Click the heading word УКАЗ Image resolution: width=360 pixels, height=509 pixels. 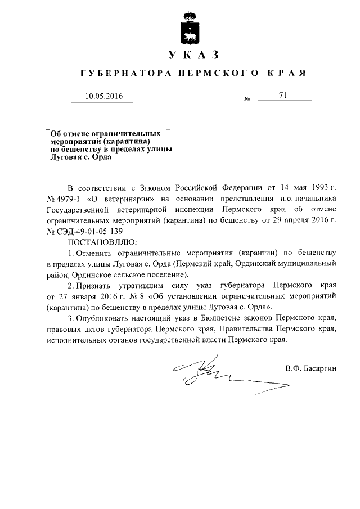tap(192, 55)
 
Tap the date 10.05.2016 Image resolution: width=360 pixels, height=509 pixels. tap(103, 96)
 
